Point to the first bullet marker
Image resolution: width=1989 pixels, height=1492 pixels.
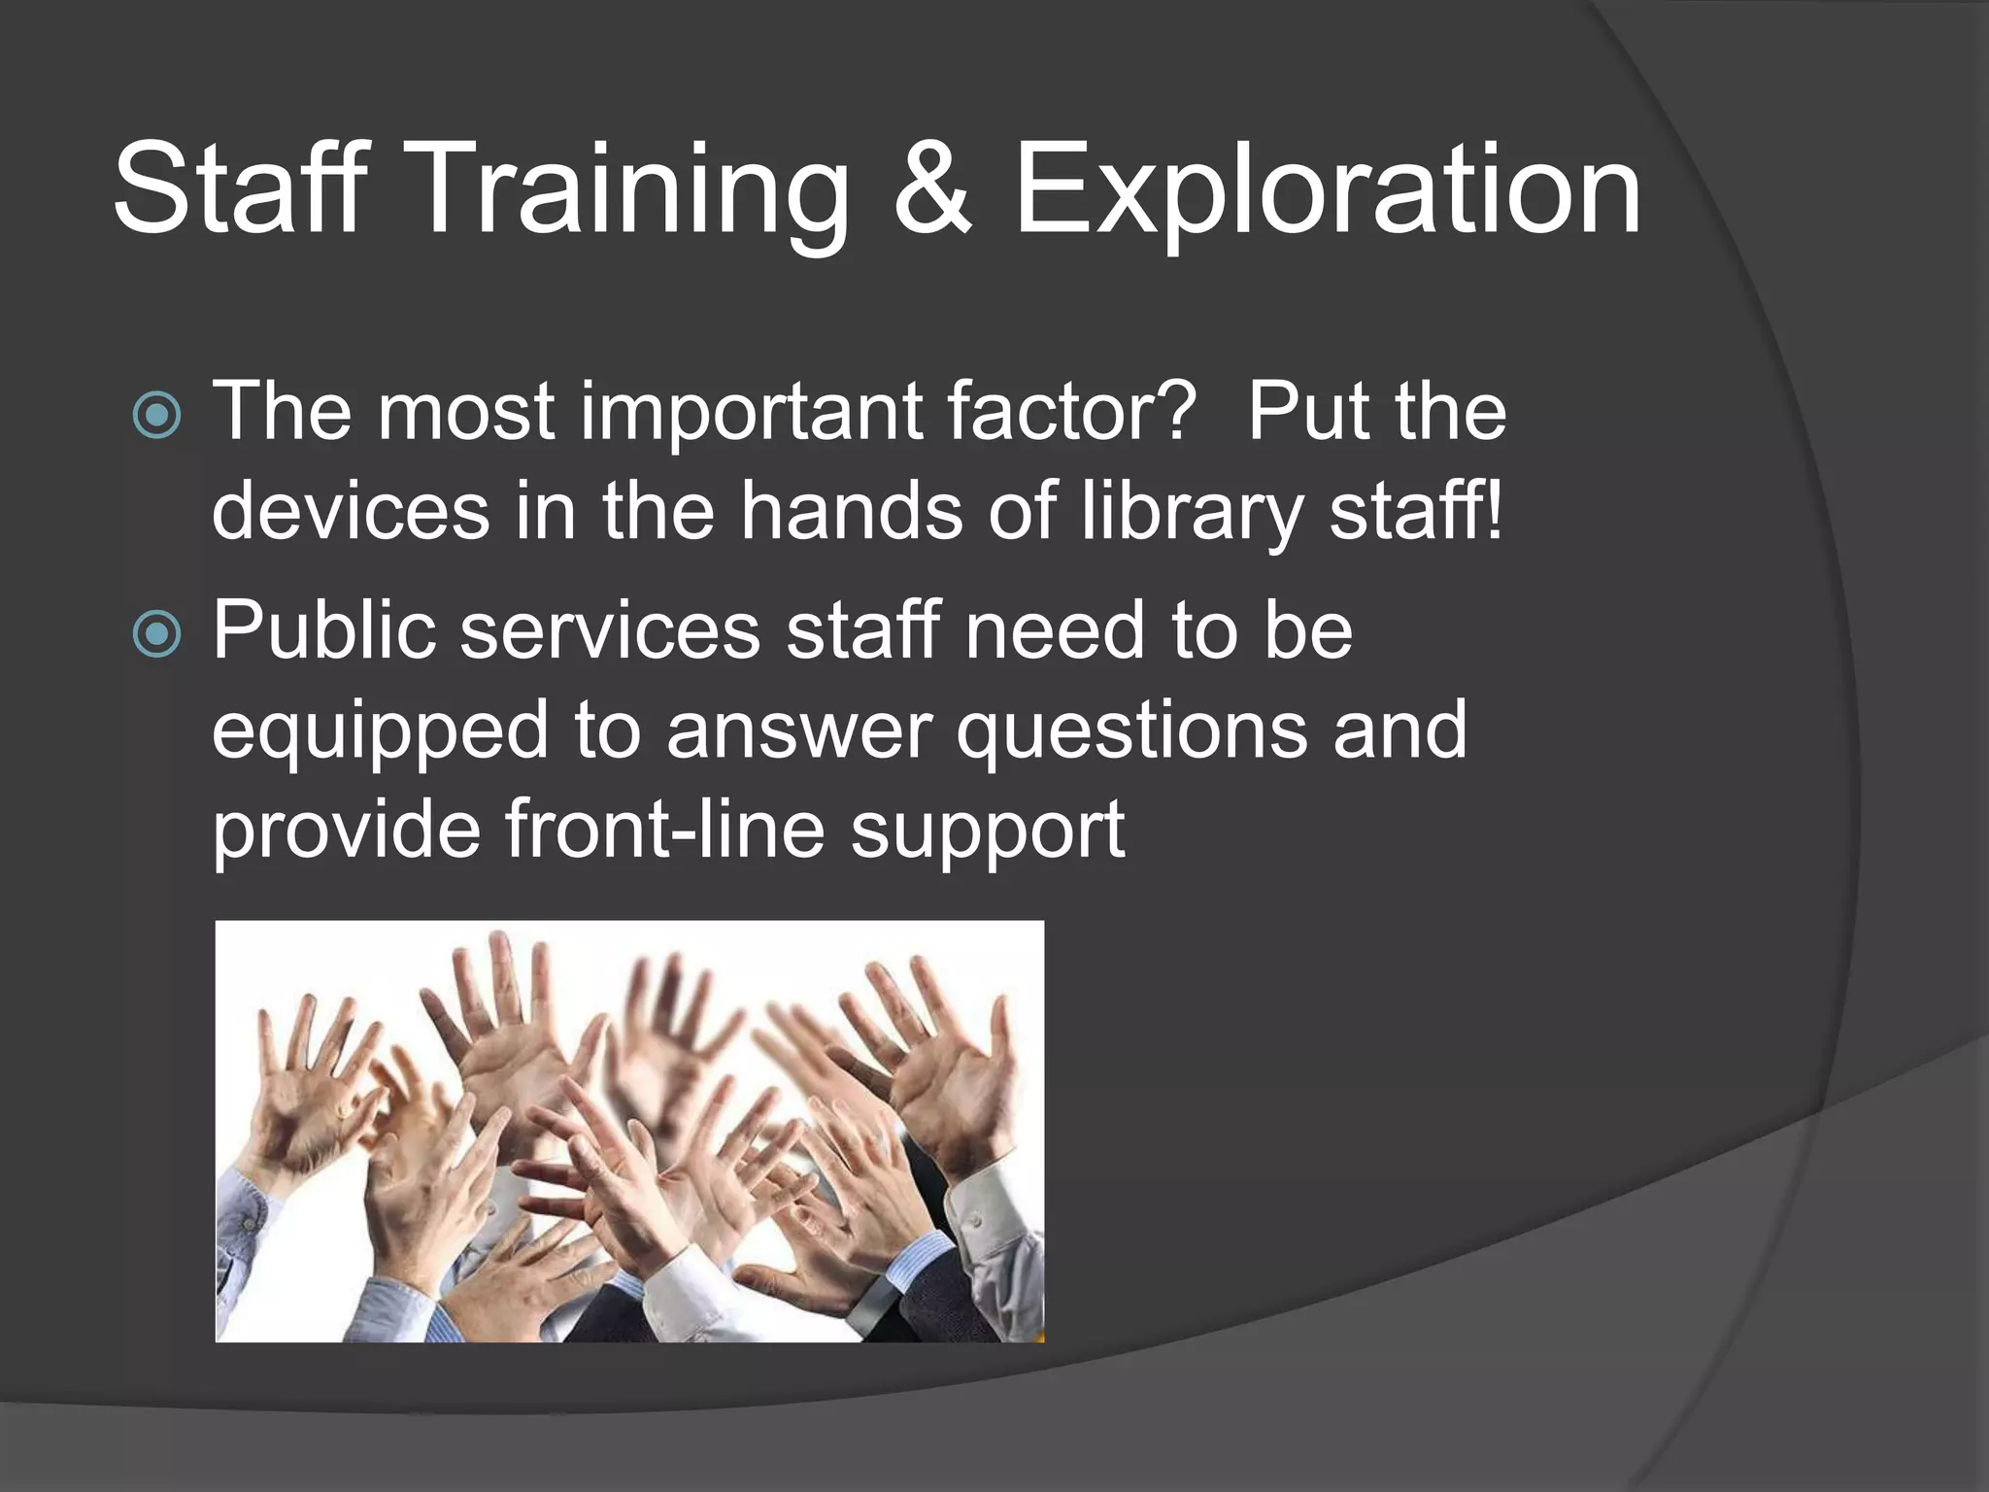click(156, 415)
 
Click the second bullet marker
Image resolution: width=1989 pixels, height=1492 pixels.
click(156, 633)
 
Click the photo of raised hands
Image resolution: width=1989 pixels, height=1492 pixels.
click(629, 1132)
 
